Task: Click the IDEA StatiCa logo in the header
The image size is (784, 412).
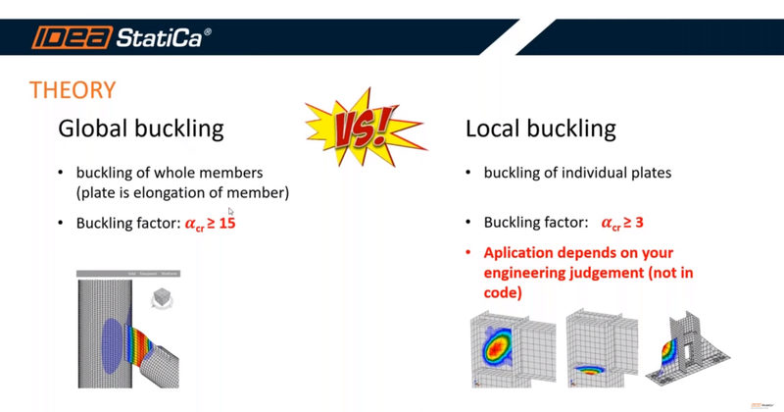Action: click(121, 38)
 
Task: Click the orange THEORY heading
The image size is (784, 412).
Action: click(73, 91)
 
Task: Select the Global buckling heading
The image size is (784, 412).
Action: click(141, 129)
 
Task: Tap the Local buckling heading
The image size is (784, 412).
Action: click(540, 129)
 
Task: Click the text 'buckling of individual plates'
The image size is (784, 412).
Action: click(577, 173)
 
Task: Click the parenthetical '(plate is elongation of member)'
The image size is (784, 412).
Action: click(182, 192)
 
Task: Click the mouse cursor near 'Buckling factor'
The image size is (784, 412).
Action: click(230, 211)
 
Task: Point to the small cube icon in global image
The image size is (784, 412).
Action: click(162, 300)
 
